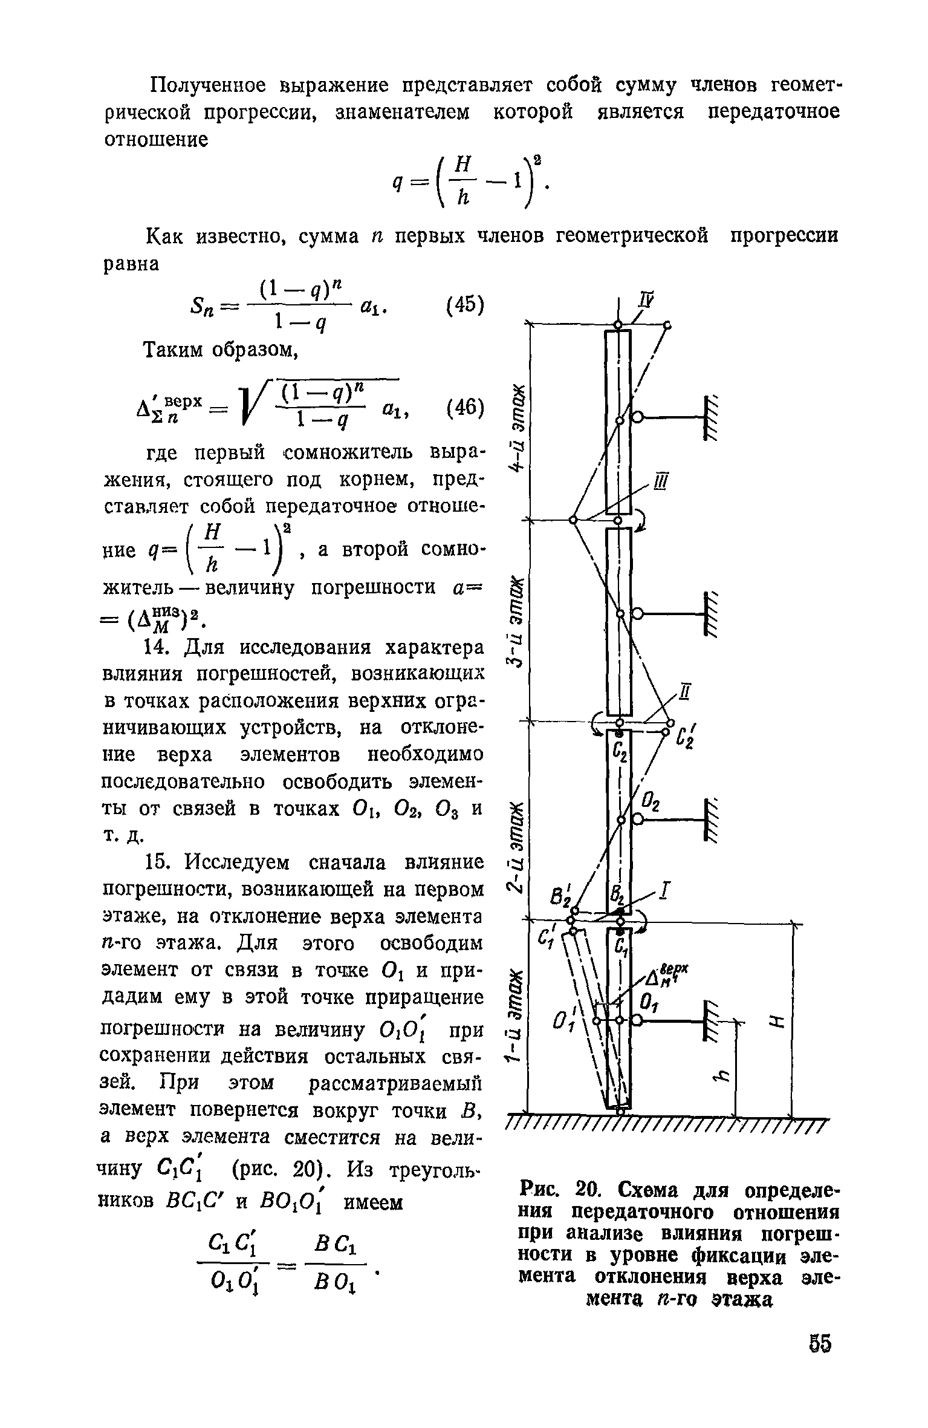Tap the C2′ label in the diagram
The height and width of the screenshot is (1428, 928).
point(686,738)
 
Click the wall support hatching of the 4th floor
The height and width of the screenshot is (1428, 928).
point(712,417)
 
